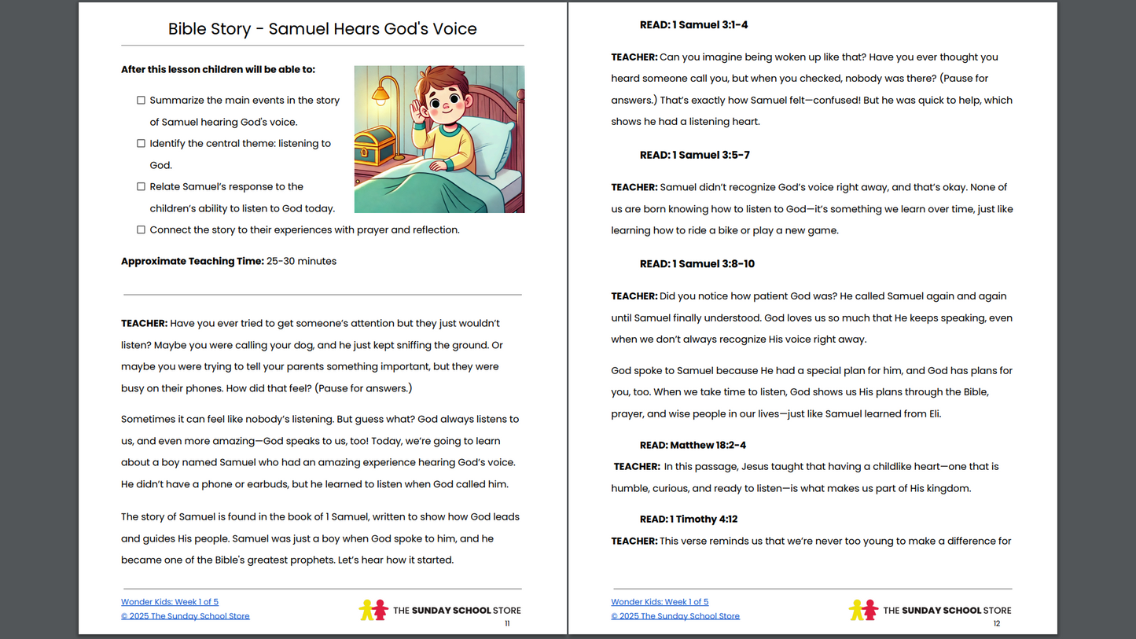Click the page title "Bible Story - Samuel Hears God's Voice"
point(322,29)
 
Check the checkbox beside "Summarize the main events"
point(141,101)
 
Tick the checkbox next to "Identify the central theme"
point(141,144)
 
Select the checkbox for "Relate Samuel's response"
point(141,187)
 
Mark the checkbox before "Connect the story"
point(141,230)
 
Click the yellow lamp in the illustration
point(381,94)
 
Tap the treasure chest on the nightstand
point(375,145)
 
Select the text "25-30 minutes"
point(301,262)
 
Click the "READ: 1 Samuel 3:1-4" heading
point(693,25)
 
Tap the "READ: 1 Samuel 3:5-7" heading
point(694,155)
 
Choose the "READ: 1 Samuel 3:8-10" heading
point(697,264)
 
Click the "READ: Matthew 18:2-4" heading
point(693,445)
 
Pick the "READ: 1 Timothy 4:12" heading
point(688,520)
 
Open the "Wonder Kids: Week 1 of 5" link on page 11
point(170,602)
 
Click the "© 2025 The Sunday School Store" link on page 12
point(675,616)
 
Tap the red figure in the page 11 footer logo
point(381,610)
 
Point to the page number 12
point(996,624)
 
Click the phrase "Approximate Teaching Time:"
point(192,262)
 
